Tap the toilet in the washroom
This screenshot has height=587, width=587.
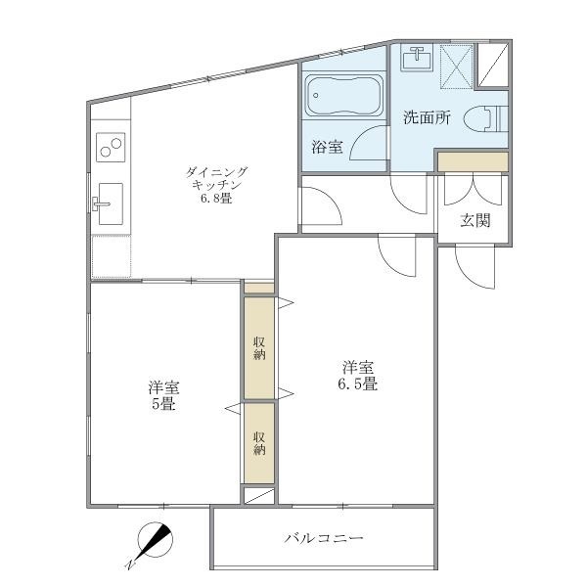[x=485, y=118]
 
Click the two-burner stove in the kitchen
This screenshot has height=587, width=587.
[x=111, y=150]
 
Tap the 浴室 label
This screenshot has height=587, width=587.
[x=327, y=148]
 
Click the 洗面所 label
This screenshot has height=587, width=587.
[x=427, y=118]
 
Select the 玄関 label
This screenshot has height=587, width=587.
[x=475, y=220]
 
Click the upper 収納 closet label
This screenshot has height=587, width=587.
[x=259, y=347]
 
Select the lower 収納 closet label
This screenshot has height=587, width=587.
[x=259, y=443]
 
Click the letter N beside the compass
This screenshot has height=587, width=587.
[x=129, y=565]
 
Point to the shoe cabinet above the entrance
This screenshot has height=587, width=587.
[x=473, y=160]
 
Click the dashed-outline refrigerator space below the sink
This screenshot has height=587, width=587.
[x=111, y=254]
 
